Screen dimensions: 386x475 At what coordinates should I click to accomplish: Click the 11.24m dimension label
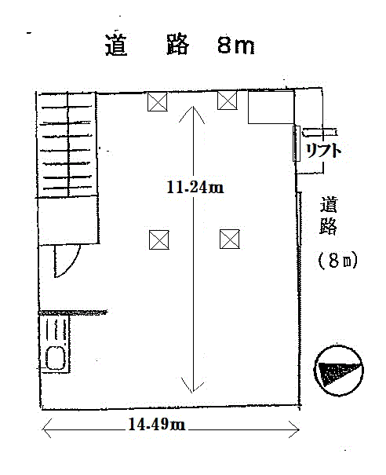click(x=195, y=188)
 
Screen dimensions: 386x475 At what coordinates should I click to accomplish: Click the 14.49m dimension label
click(x=157, y=424)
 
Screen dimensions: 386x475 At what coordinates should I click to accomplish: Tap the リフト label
click(x=323, y=150)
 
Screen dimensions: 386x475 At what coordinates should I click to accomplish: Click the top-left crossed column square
click(x=158, y=101)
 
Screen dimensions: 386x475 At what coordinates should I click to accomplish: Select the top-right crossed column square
click(x=227, y=100)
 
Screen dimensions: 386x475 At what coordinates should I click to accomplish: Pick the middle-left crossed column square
click(x=159, y=239)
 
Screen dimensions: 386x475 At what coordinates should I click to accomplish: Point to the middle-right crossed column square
click(x=229, y=239)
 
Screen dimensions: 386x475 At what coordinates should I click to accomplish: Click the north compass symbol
click(x=339, y=370)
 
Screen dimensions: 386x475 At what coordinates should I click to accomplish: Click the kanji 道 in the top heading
click(x=116, y=46)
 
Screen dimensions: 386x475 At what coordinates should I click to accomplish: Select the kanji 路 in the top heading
click(x=178, y=45)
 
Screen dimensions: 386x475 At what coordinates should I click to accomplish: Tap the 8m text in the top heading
click(x=236, y=46)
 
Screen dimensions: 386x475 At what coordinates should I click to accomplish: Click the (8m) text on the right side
click(x=338, y=261)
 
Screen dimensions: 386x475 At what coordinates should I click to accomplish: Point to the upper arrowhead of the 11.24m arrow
click(x=192, y=114)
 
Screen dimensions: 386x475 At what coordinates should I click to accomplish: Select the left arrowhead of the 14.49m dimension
click(x=46, y=429)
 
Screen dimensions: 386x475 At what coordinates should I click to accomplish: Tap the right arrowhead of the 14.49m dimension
click(x=294, y=429)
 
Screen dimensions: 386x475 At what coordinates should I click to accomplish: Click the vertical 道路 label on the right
click(x=328, y=216)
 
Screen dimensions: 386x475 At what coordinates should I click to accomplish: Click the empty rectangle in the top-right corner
click(x=271, y=107)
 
